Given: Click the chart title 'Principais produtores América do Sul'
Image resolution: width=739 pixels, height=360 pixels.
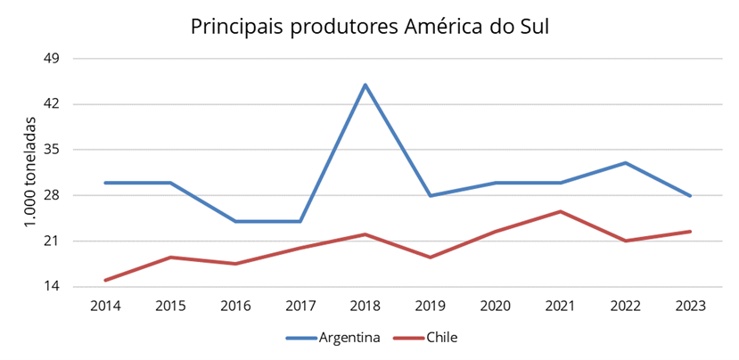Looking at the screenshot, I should pos(370,27).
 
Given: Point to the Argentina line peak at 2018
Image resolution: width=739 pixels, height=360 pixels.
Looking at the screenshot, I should pos(365,85).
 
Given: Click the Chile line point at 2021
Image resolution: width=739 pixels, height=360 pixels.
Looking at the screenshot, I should pos(560,211).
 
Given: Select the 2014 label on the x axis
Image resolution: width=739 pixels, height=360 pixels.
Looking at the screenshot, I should pos(106,306).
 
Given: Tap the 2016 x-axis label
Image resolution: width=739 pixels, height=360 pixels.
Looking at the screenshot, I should pos(235,306).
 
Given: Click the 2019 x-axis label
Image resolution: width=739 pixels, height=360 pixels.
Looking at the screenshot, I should pos(431,306).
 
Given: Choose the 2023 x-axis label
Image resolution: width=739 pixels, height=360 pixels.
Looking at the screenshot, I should pos(690,306).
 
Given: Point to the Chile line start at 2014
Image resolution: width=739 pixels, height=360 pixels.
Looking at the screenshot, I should pos(106,281).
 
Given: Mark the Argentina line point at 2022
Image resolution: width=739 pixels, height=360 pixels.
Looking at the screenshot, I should pos(625,163).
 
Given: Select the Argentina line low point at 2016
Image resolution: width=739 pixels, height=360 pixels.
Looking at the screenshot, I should pos(235,221).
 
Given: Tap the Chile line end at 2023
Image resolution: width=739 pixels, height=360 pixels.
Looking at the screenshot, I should pos(690,232).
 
